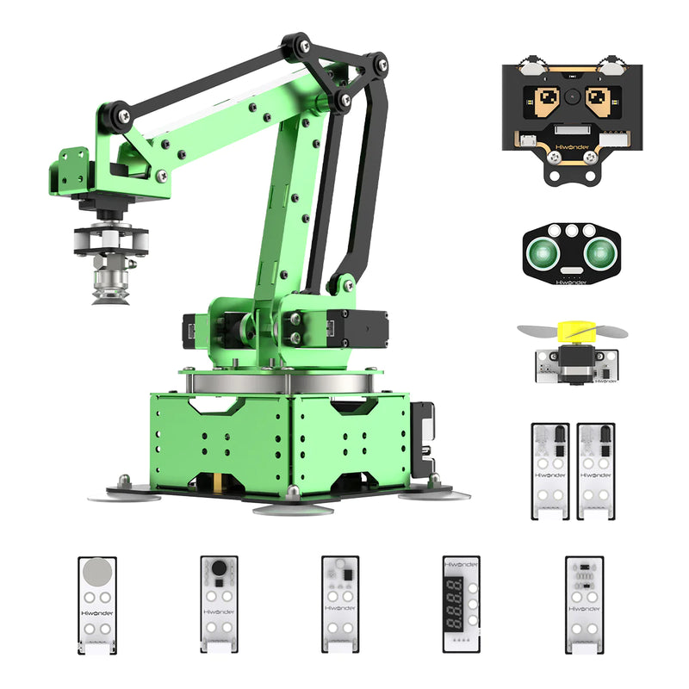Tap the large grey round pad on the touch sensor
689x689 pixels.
click(97, 572)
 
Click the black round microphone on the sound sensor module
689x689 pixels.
click(219, 568)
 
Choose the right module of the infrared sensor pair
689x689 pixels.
click(596, 470)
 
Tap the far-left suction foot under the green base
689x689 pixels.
click(125, 495)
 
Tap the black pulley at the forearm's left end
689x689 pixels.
click(114, 114)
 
